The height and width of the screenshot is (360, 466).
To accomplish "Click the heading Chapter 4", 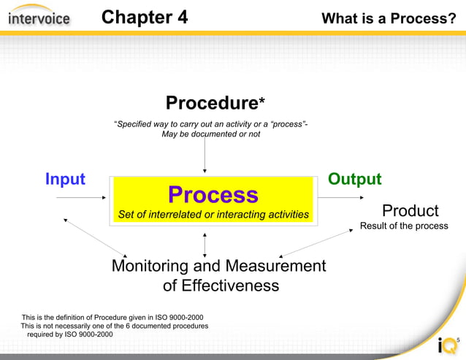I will click(x=144, y=17).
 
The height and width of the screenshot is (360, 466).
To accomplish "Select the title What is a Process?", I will click(x=389, y=18).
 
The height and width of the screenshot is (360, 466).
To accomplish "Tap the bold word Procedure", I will click(x=210, y=103).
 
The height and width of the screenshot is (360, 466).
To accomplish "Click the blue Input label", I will click(x=65, y=179).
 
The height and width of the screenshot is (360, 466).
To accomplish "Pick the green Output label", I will click(x=354, y=179).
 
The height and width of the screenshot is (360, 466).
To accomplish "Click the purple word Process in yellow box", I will click(x=213, y=194).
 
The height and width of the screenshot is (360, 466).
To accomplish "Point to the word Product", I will click(x=410, y=211).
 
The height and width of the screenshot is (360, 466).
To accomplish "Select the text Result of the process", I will click(x=404, y=226).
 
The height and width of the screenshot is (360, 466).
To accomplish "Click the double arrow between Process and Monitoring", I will click(x=205, y=244).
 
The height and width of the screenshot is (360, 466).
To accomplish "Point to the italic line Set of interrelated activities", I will click(x=213, y=215).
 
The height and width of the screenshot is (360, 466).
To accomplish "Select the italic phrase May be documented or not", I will click(x=210, y=134).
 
